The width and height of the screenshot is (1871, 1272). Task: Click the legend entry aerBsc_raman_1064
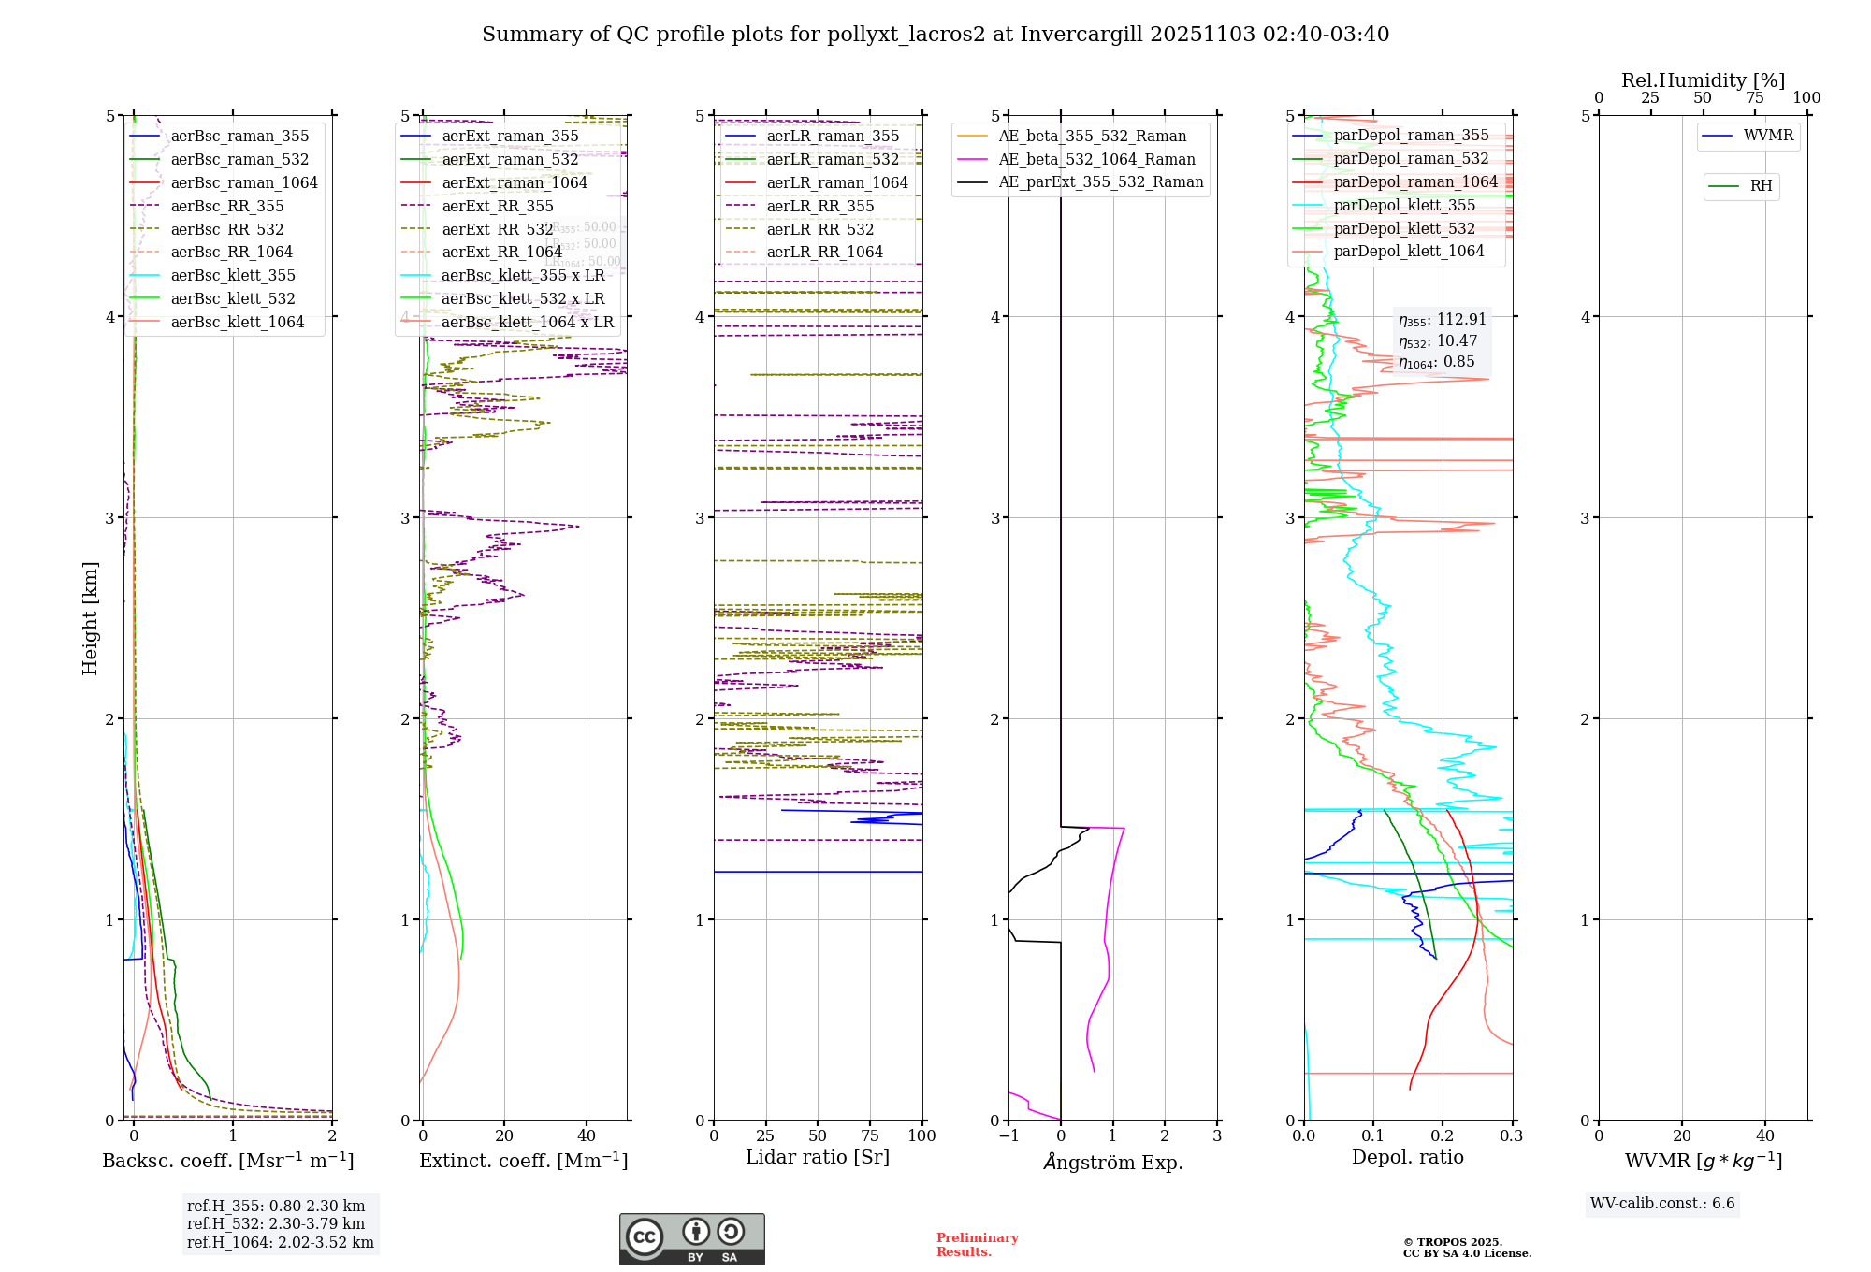tap(243, 182)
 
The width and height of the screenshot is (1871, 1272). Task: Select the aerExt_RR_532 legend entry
tap(497, 229)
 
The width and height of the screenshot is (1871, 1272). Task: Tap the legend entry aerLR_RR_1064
tap(824, 252)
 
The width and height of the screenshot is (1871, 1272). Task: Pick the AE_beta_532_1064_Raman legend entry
tap(1096, 159)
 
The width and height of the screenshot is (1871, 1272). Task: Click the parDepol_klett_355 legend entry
tap(1403, 205)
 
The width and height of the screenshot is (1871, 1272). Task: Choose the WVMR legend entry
tap(1768, 136)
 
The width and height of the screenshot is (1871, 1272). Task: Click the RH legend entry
tap(1761, 186)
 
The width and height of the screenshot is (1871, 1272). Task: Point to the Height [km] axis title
tap(90, 617)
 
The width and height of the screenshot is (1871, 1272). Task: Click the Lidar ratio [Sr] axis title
tap(817, 1157)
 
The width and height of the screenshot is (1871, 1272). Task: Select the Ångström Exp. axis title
tap(1112, 1162)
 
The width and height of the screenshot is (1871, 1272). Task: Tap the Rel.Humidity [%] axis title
tap(1703, 80)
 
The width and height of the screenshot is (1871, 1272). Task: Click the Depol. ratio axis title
tap(1407, 1157)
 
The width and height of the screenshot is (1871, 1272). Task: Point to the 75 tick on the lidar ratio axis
tap(870, 1135)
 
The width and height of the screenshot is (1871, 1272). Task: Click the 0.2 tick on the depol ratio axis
tap(1443, 1135)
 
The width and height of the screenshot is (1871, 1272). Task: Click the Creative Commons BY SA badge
tap(691, 1238)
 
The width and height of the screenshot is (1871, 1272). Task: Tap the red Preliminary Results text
tap(977, 1244)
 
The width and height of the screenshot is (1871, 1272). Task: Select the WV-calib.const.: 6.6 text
tap(1661, 1203)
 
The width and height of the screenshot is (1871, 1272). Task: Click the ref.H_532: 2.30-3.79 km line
tap(276, 1223)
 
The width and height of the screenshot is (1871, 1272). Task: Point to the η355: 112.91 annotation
tap(1442, 320)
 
